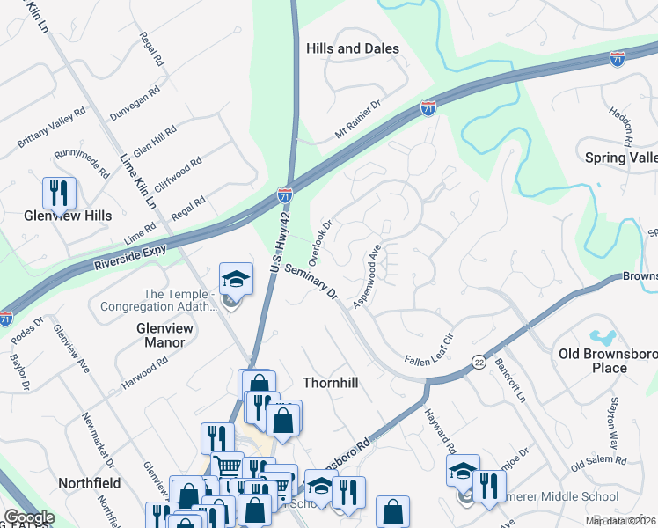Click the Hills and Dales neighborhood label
[352, 49]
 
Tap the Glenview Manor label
[159, 334]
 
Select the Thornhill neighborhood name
[333, 383]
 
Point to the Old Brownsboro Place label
[604, 361]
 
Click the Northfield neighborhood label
[88, 483]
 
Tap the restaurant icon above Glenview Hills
[59, 193]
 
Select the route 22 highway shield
[479, 362]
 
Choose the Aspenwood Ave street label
[367, 275]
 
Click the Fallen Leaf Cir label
[428, 350]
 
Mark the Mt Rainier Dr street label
[357, 119]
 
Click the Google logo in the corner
[29, 517]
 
